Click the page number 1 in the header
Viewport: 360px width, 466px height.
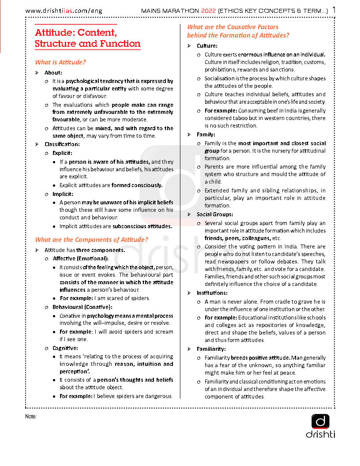pyautogui.click(x=334, y=9)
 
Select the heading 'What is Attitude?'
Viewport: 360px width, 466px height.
pyautogui.click(x=60, y=62)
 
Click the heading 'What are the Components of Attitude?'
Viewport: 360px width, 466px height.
pyautogui.click(x=91, y=240)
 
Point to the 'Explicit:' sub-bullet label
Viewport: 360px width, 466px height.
pyautogui.click(x=63, y=153)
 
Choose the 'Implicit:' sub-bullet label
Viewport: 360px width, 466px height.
pyautogui.click(x=63, y=194)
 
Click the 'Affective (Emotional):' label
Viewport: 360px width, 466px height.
pyautogui.click(x=80, y=258)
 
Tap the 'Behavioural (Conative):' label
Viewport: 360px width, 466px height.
pyautogui.click(x=82, y=307)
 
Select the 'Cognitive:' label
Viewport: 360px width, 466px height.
pyautogui.click(x=65, y=348)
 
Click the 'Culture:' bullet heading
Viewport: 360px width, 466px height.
pyautogui.click(x=207, y=45)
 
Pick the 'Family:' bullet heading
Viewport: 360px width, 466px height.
pyautogui.click(x=206, y=134)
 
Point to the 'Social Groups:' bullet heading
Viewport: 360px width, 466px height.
pyautogui.click(x=215, y=214)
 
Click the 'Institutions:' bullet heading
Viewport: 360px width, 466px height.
pyautogui.click(x=212, y=293)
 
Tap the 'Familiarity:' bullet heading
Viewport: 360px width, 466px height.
pyautogui.click(x=211, y=349)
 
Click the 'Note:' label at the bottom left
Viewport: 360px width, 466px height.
pyautogui.click(x=30, y=416)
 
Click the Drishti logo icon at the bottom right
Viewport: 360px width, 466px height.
pyautogui.click(x=320, y=421)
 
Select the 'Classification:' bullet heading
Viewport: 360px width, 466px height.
pyautogui.click(x=62, y=144)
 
